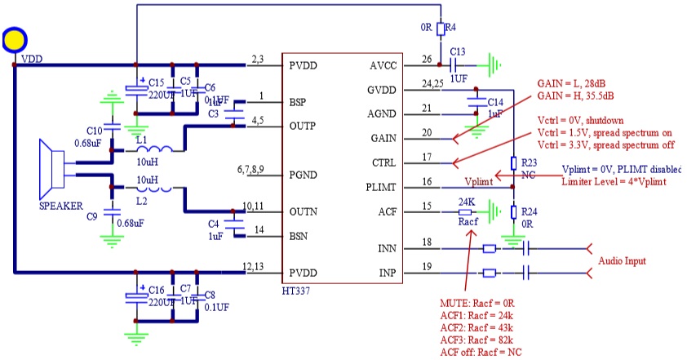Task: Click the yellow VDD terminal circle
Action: point(15,40)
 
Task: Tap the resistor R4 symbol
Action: point(441,30)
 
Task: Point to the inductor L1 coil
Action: point(154,151)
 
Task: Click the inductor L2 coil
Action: point(154,189)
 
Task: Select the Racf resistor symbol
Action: point(468,211)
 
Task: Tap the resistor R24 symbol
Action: point(513,212)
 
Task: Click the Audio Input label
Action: point(623,261)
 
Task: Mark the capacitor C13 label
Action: point(457,51)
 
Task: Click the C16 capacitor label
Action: point(157,290)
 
